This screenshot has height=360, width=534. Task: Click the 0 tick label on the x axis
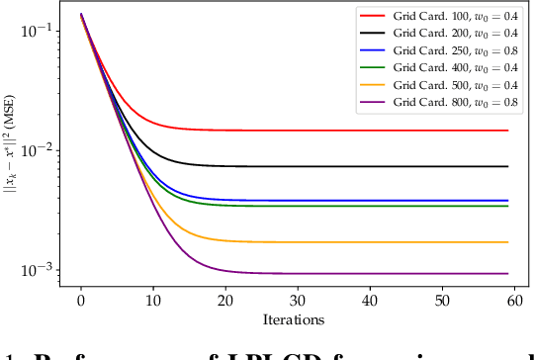click(81, 300)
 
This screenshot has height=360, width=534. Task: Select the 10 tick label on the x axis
click(153, 300)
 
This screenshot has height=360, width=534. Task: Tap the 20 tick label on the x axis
click(225, 300)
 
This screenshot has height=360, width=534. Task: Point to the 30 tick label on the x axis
click(298, 300)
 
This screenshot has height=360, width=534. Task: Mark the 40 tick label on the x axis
click(370, 300)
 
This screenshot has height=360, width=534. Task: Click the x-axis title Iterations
click(294, 319)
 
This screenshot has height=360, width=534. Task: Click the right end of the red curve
click(507, 131)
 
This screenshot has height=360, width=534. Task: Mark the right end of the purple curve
click(507, 274)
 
